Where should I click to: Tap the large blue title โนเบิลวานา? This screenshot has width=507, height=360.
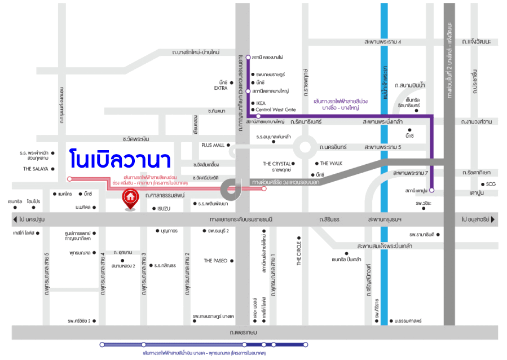(121, 159)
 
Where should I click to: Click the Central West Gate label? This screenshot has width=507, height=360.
(276, 109)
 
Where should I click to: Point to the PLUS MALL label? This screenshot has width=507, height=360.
(213, 145)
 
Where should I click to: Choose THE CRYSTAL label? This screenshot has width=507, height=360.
(276, 164)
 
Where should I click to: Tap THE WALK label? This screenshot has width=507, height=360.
(332, 163)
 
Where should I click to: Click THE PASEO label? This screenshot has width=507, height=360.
(215, 261)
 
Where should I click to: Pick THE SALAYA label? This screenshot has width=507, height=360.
(36, 169)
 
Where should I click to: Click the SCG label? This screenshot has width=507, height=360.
(491, 184)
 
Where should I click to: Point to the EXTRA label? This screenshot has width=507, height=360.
(221, 88)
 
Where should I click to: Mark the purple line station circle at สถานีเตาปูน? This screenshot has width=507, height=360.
(431, 190)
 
